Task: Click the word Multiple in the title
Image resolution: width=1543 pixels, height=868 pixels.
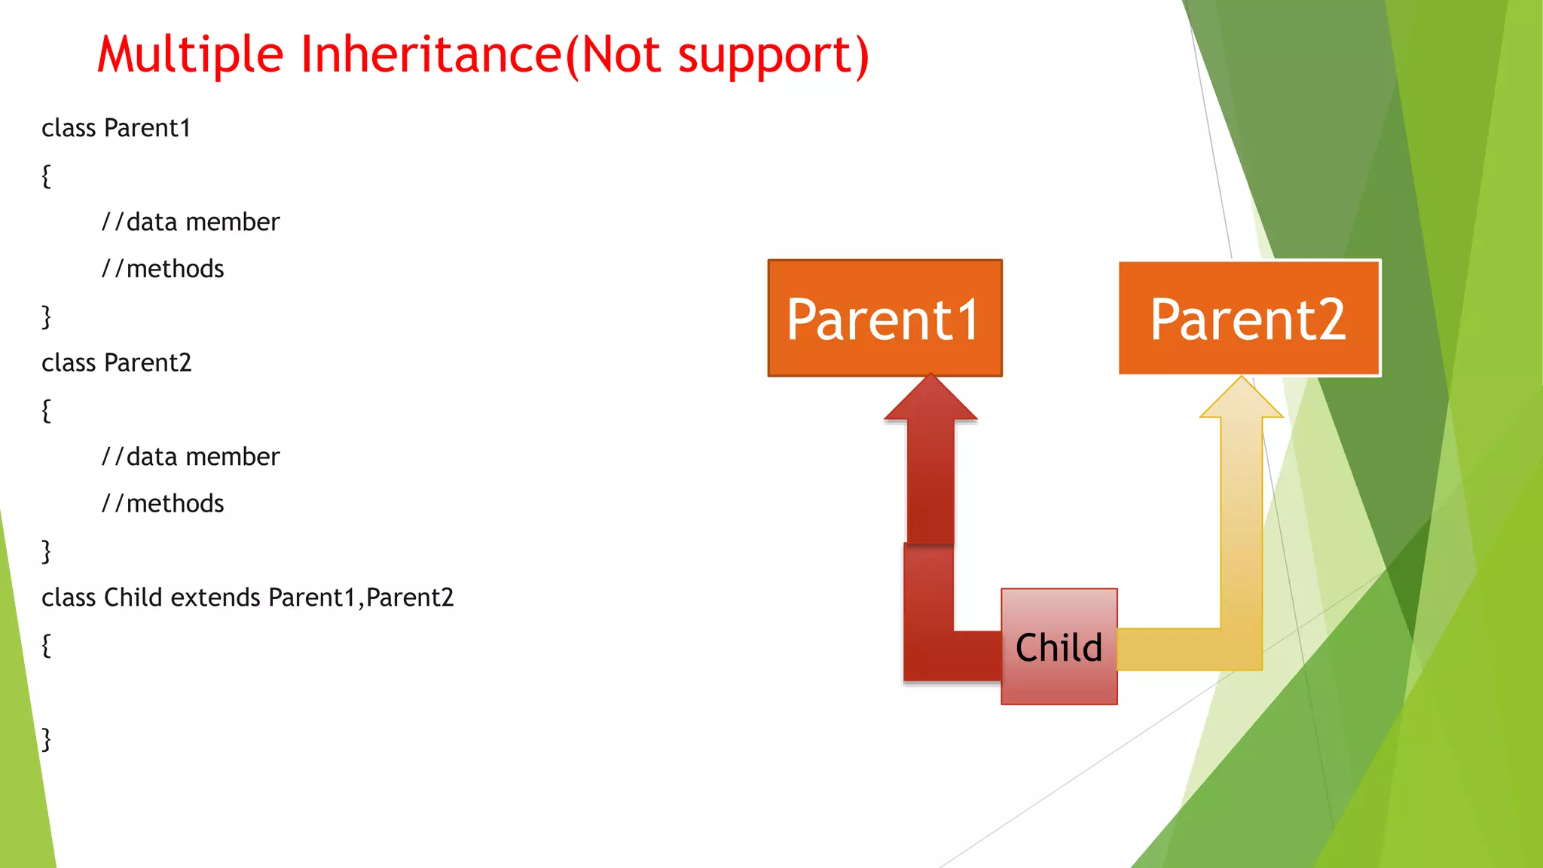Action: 190,56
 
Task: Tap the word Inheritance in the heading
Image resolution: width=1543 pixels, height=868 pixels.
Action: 431,54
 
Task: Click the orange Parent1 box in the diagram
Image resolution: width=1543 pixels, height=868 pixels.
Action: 885,318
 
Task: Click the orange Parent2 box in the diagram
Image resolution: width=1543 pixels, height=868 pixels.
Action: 1248,318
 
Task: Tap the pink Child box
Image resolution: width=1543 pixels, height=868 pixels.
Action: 1059,646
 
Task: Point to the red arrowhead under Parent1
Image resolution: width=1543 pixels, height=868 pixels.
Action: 930,399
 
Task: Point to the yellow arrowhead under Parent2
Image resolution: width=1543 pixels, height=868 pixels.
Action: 1241,399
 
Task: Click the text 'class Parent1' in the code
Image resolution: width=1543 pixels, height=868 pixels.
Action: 115,128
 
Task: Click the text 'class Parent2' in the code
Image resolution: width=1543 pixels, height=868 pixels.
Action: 116,363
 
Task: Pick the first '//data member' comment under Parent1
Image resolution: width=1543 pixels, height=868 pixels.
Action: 191,222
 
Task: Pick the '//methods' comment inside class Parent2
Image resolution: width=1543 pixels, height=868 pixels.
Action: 163,503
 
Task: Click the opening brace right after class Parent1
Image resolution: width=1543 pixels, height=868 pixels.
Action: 46,176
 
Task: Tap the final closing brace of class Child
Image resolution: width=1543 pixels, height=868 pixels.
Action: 46,739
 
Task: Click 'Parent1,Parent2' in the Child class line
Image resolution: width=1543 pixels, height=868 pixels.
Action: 361,598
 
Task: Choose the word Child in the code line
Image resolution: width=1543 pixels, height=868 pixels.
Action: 133,598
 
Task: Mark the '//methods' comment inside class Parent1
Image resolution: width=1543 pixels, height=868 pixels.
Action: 163,269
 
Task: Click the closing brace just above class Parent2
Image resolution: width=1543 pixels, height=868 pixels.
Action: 46,316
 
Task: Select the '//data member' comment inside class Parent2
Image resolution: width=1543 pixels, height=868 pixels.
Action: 191,457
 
